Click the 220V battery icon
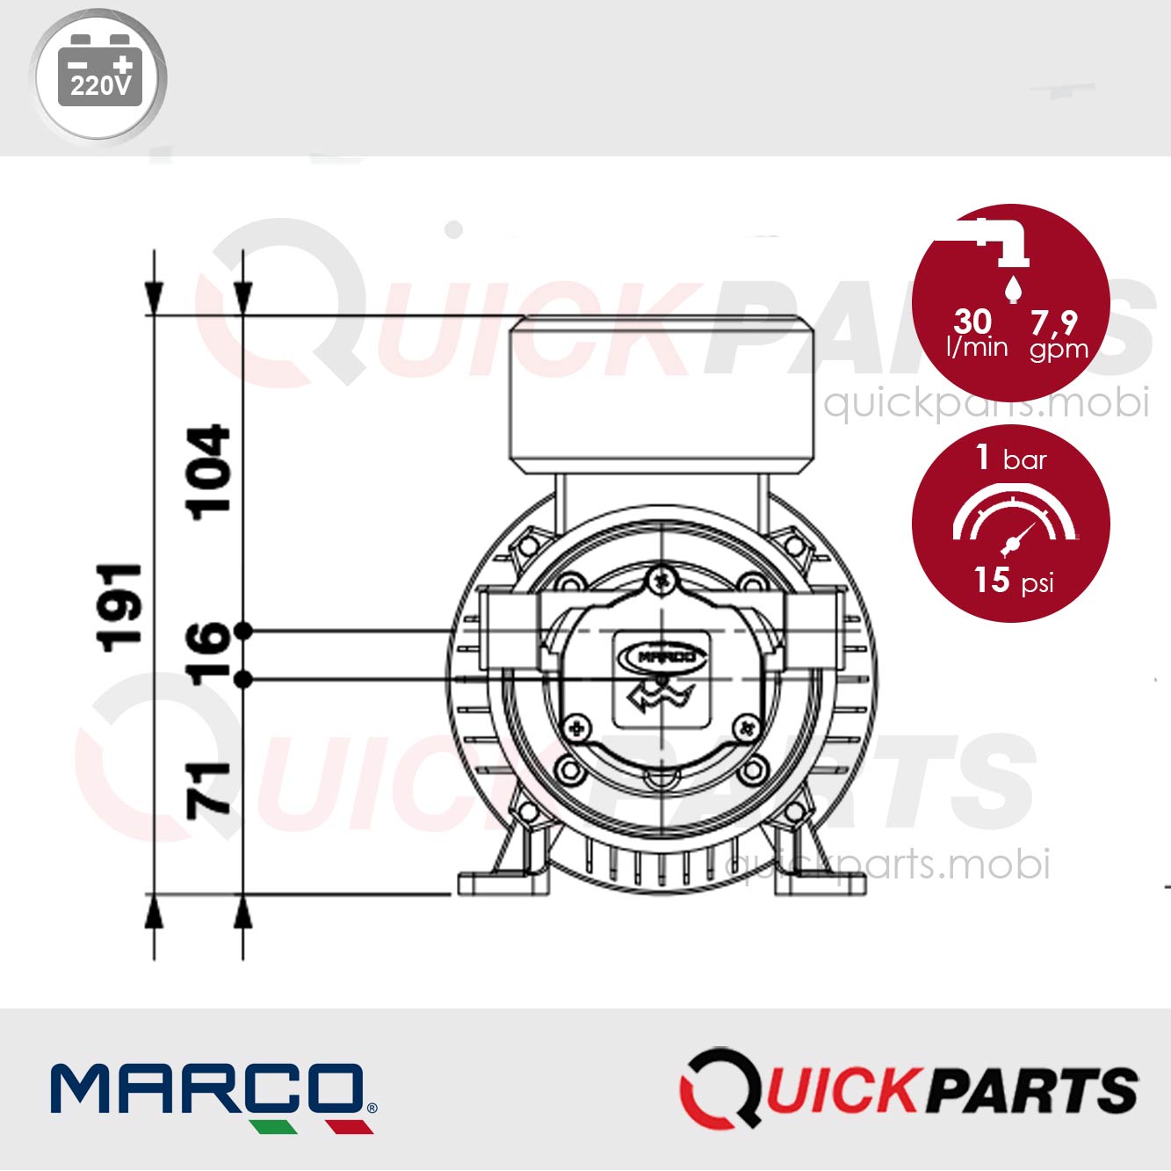[x=99, y=75]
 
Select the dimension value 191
[x=119, y=608]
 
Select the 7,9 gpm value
[x=1057, y=334]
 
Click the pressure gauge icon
[x=1013, y=523]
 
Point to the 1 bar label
[x=1011, y=458]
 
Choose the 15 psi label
[x=1012, y=580]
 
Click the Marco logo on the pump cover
[x=661, y=656]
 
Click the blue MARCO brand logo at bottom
[x=212, y=1093]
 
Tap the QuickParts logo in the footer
[x=908, y=1089]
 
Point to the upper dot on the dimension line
[x=243, y=631]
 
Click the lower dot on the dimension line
[x=243, y=679]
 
